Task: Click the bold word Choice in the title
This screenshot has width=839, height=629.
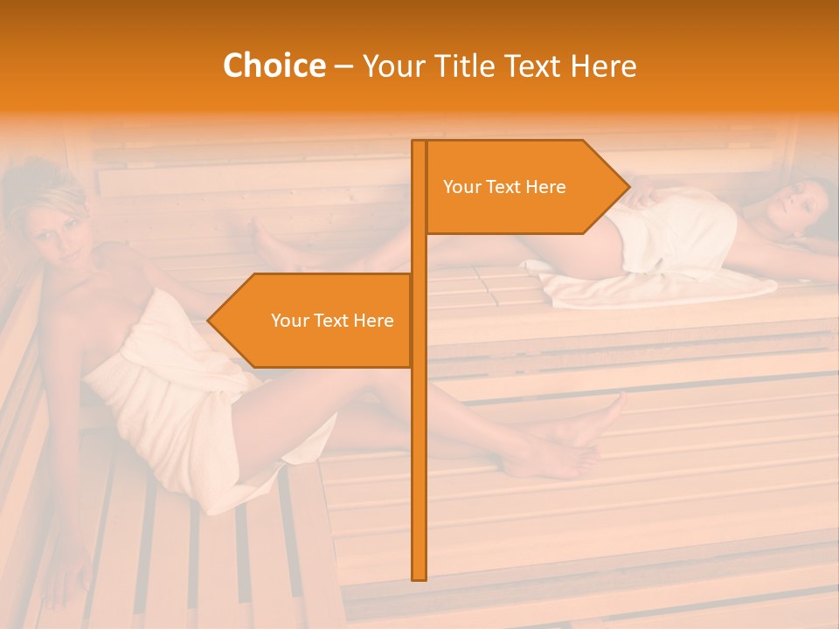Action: click(x=274, y=66)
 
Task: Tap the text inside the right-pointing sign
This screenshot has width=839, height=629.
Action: click(x=504, y=187)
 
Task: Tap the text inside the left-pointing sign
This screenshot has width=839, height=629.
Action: click(x=332, y=321)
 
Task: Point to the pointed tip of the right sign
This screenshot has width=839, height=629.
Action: click(x=627, y=187)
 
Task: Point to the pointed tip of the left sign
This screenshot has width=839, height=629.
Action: click(x=210, y=321)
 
